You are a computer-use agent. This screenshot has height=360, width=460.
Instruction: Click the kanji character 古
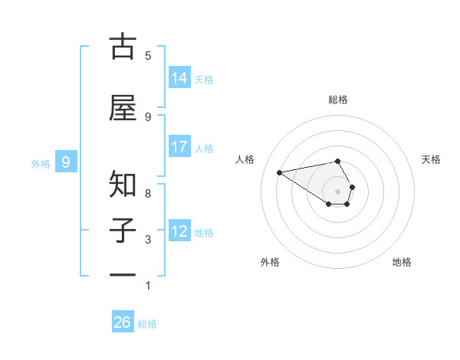[x=123, y=47]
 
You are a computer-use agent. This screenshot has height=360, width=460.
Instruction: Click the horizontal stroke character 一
[x=123, y=274]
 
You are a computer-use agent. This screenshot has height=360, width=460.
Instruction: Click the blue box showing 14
[x=179, y=78]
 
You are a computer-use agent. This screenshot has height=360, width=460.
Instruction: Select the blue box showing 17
[x=179, y=147]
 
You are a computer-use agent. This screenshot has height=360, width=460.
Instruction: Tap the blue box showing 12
[x=179, y=231]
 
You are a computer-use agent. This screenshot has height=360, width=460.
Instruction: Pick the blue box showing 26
[x=123, y=322]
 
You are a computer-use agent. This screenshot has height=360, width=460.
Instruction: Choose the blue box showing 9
[x=66, y=162]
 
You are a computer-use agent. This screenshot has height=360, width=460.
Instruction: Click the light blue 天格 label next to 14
[x=204, y=79]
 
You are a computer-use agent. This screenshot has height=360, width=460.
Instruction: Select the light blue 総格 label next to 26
[x=147, y=324]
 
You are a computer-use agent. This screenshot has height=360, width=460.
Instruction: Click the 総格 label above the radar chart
[x=338, y=100]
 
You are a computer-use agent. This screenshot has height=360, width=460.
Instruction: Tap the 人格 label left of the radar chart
[x=245, y=159]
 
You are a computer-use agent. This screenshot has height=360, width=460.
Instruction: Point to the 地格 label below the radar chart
[x=402, y=262]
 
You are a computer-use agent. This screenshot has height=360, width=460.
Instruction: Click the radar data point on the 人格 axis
[x=279, y=172]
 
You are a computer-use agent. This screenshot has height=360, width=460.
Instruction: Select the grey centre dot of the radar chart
[x=338, y=191]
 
